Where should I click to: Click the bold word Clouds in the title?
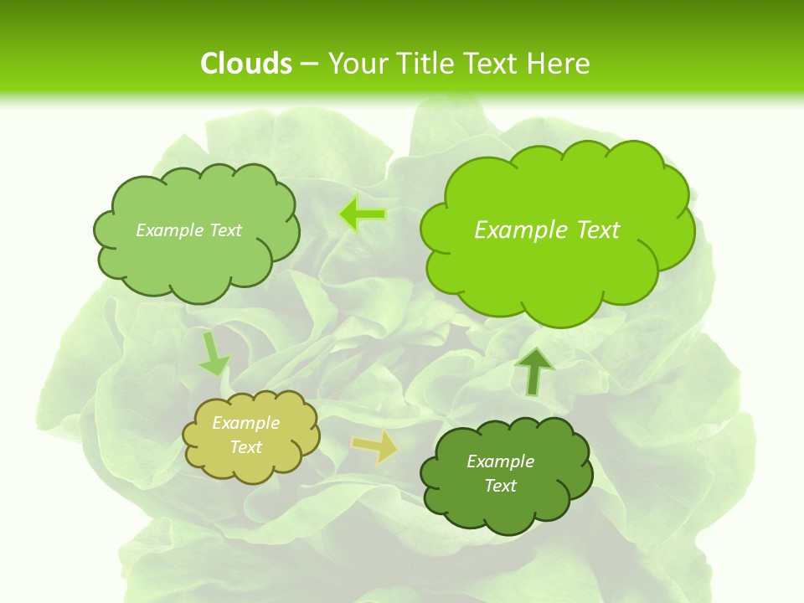(x=245, y=64)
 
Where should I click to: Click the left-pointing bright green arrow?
(x=363, y=214)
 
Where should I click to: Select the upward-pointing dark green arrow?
(x=534, y=370)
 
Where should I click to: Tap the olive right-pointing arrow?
(x=374, y=446)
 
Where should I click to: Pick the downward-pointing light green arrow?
(x=214, y=353)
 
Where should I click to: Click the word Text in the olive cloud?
(x=246, y=447)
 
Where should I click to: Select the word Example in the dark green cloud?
(x=500, y=461)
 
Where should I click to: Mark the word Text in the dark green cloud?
(x=500, y=486)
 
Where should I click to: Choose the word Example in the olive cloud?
(x=246, y=423)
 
